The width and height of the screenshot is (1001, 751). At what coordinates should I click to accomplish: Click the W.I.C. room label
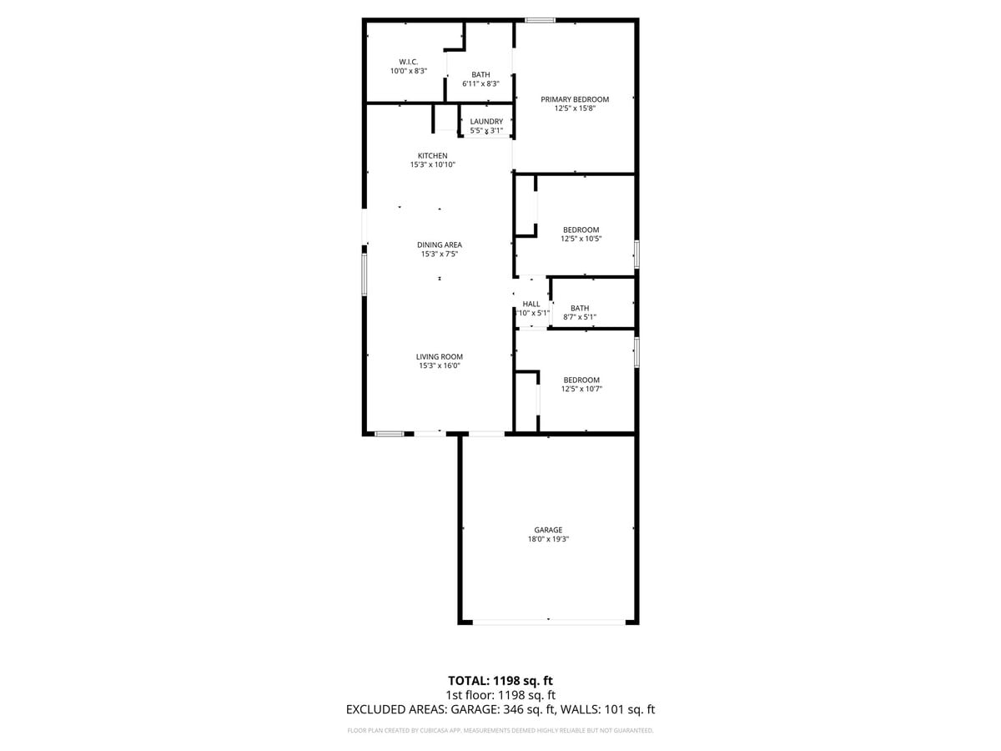click(x=408, y=62)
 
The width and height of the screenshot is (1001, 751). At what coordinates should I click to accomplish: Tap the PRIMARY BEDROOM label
click(x=575, y=99)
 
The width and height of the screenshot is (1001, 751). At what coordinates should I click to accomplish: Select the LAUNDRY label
click(x=486, y=122)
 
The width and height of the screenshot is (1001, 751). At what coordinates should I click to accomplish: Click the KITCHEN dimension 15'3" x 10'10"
click(x=432, y=165)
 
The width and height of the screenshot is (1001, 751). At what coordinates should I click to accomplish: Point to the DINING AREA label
click(x=440, y=244)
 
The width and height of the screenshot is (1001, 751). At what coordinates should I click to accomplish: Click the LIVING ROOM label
click(x=440, y=356)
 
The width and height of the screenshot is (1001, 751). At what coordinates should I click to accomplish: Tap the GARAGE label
click(x=548, y=530)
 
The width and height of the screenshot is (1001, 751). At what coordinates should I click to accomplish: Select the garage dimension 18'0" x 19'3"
click(x=548, y=540)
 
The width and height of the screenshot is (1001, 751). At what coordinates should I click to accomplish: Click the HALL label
click(x=531, y=304)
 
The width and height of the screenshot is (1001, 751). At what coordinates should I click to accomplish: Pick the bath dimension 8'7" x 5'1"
click(x=580, y=317)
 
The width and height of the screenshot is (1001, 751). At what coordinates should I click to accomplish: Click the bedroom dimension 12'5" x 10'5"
click(x=581, y=239)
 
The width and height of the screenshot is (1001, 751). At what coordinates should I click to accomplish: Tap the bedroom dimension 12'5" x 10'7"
click(x=581, y=389)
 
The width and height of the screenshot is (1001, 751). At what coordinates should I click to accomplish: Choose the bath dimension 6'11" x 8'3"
click(x=480, y=83)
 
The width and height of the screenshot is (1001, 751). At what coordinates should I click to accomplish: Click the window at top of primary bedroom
click(x=540, y=20)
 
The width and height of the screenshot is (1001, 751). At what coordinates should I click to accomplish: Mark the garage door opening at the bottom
click(x=548, y=621)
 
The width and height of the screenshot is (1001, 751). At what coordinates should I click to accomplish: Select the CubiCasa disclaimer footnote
click(x=500, y=731)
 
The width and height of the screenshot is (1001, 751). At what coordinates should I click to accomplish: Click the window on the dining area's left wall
click(x=364, y=275)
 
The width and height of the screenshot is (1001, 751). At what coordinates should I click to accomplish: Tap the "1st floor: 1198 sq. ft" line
click(x=500, y=694)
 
